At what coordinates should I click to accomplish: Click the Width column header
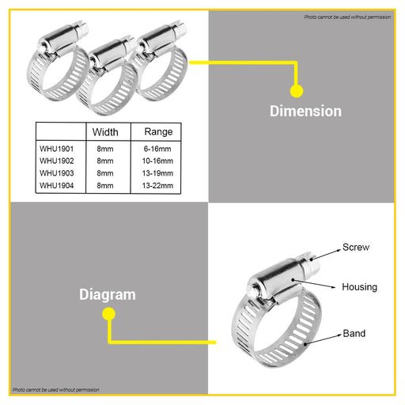[x=105, y=132]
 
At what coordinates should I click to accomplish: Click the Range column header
[x=158, y=132]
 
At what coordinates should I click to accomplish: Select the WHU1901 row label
[x=56, y=149]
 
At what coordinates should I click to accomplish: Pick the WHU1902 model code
[x=56, y=161]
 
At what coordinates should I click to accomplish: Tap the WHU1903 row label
[x=56, y=173]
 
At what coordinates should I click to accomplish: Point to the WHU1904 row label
[x=56, y=186]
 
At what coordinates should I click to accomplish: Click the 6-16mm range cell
[x=157, y=149]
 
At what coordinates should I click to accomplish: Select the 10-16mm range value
[x=157, y=161]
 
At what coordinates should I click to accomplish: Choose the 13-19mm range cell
[x=157, y=173]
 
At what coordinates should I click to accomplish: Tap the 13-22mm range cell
[x=157, y=186]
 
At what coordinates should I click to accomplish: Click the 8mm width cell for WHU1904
[x=105, y=186]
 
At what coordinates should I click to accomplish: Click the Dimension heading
[x=305, y=111]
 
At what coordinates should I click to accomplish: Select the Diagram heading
[x=108, y=295]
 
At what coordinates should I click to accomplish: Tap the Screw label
[x=356, y=248]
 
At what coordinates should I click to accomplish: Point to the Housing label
[x=359, y=287]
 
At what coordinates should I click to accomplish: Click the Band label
[x=354, y=334]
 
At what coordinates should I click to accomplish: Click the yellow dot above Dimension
[x=297, y=91]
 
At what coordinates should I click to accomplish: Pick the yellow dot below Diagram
[x=108, y=314]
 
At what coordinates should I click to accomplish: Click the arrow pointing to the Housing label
[x=313, y=284]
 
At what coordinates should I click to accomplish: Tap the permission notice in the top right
[x=347, y=17]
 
